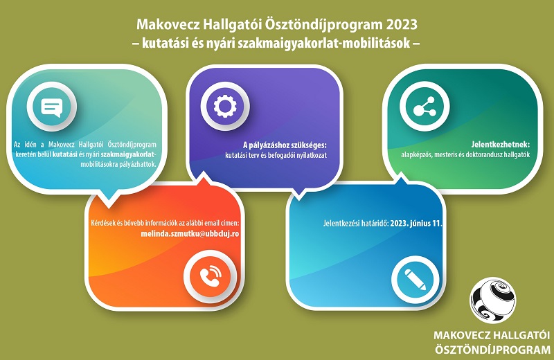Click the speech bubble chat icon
tap(52, 107)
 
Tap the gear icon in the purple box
tap(225, 107)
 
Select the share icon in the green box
tap(425, 107)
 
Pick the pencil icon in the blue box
tap(415, 280)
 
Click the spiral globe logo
tap(492, 300)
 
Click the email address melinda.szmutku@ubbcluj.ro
tap(190, 234)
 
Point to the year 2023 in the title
tap(402, 25)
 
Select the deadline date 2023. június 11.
tap(416, 224)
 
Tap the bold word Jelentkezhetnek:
tap(501, 144)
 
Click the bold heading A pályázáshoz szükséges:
tap(285, 145)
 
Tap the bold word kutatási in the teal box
tap(64, 155)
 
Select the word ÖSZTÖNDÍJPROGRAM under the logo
tap(492, 350)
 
